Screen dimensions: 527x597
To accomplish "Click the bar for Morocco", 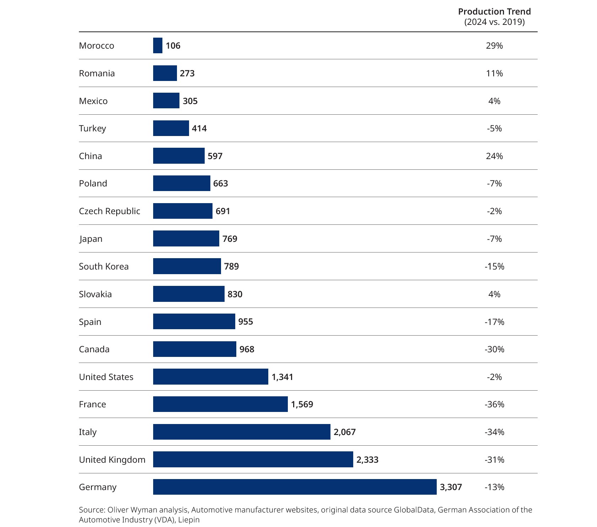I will point(158,45).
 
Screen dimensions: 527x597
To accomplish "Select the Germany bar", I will point(295,487).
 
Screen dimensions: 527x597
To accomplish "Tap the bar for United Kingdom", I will point(253,460).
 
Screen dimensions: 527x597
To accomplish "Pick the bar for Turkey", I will point(171,128).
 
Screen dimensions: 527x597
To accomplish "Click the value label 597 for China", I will point(215,156).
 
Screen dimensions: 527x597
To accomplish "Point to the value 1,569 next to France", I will point(302,404).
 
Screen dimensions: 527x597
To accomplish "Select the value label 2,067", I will point(344,432).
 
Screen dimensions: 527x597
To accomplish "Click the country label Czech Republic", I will point(109,211).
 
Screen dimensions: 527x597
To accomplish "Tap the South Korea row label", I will point(104,266).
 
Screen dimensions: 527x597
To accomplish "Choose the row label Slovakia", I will point(95,294).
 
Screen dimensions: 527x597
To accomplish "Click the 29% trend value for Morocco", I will point(494,45).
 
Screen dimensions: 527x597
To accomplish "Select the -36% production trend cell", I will point(494,404).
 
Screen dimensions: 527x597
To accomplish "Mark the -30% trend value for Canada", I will point(494,349).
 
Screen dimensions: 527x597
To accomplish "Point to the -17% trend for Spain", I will point(494,322).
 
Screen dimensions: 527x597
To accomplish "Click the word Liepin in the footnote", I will point(189,520).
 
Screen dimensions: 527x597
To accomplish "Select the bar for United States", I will point(210,377).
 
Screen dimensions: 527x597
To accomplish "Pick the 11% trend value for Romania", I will point(494,73).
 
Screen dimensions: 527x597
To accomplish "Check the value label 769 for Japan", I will point(230,239).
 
